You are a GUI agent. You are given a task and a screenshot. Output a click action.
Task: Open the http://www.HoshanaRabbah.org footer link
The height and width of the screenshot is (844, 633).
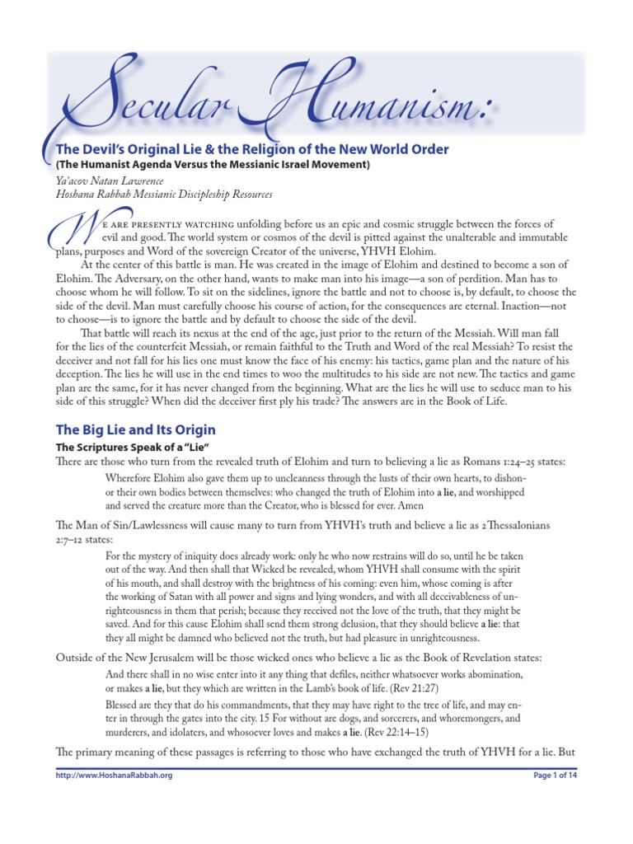click(114, 776)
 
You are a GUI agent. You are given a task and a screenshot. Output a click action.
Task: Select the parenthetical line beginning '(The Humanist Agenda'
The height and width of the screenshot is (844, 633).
click(213, 165)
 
